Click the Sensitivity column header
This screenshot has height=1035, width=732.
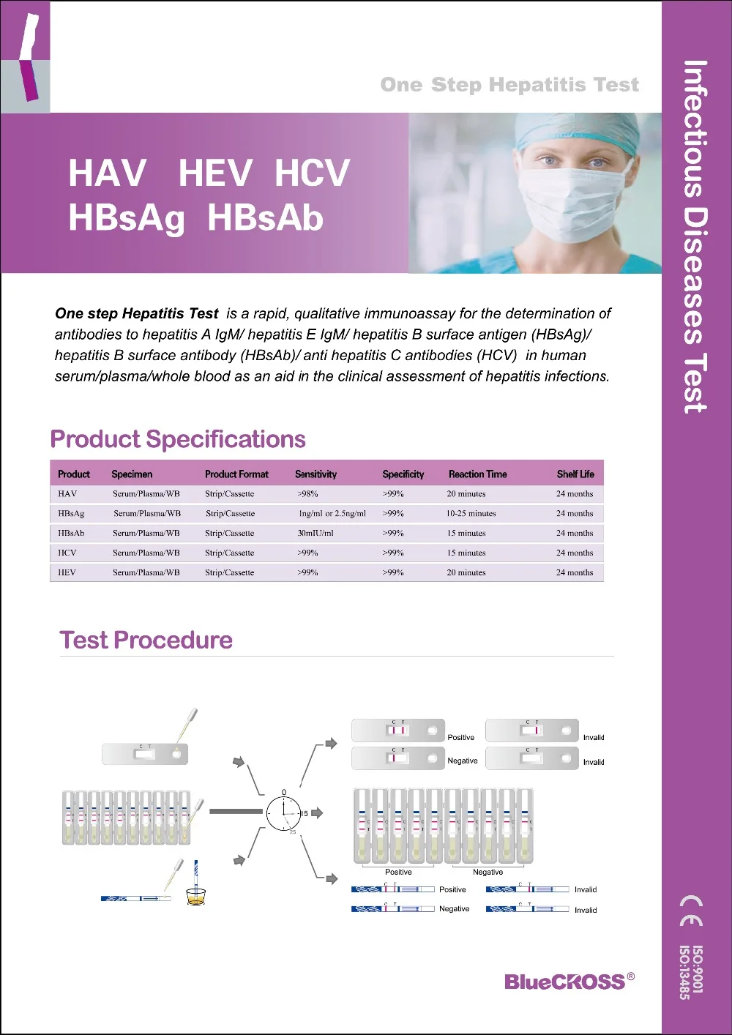315,474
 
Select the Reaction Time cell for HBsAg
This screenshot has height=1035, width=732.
471,514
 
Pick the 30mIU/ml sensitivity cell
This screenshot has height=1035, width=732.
315,534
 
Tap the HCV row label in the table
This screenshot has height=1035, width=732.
67,553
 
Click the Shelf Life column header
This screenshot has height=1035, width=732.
575,474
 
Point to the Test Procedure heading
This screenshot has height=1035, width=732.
146,640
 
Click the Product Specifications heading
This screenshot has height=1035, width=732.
178,439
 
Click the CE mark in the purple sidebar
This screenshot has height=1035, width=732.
692,910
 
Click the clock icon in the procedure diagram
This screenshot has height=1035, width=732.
284,813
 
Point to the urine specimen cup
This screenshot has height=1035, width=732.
195,896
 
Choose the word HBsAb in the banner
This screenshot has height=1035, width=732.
265,218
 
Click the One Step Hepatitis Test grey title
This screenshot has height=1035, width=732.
509,85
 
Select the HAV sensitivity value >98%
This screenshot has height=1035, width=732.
307,494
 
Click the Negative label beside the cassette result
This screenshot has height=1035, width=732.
463,761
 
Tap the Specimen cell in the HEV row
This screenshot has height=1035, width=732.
146,573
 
